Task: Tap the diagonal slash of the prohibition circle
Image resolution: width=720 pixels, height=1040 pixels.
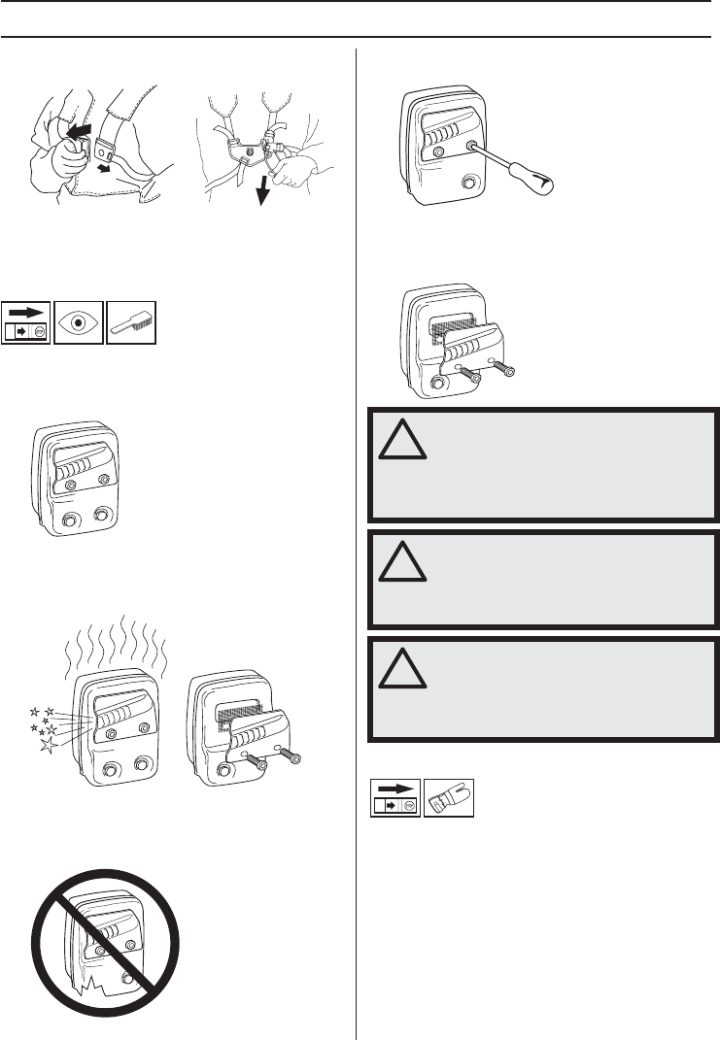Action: [x=107, y=931]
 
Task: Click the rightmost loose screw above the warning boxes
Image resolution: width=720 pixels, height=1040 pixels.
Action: [x=506, y=369]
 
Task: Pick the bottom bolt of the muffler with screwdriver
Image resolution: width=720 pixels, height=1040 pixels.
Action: [x=470, y=181]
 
